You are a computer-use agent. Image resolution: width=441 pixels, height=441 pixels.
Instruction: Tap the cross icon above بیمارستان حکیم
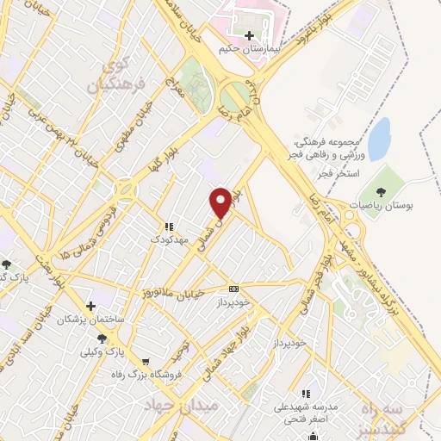tap(250, 36)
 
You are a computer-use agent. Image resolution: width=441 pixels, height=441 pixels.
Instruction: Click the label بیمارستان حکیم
tap(250, 49)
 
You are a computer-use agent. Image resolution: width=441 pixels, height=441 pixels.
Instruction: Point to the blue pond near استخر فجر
tap(380, 134)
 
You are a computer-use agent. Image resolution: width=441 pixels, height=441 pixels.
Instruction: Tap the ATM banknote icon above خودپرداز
tap(233, 289)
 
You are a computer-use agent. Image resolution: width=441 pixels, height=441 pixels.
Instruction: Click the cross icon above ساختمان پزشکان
tap(90, 306)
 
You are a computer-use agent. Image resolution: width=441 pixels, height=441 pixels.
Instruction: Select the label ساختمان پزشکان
tap(84, 320)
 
